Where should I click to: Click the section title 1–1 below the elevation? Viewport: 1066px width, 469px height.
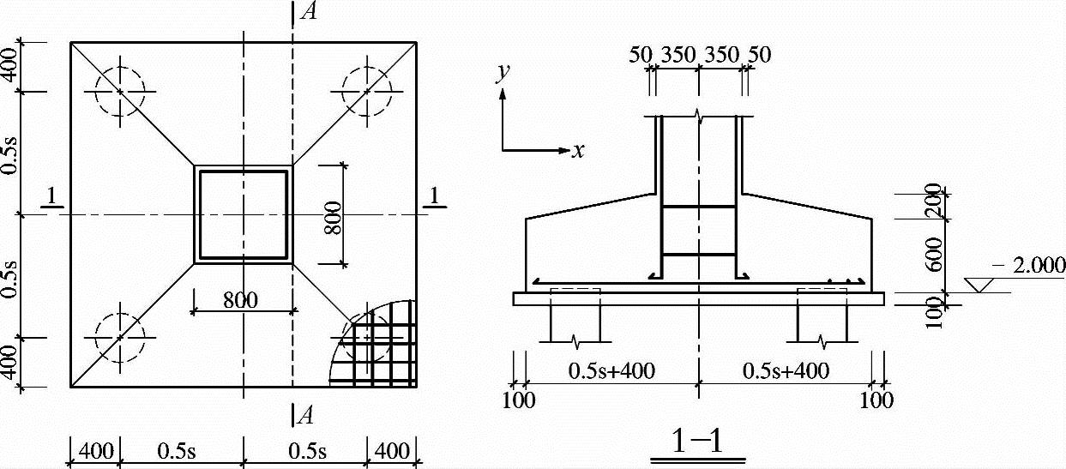coord(697,441)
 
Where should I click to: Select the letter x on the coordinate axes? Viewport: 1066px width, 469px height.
coord(578,151)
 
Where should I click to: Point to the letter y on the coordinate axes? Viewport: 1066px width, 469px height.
coord(503,72)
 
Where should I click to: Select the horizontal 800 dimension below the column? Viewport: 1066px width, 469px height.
coord(240,300)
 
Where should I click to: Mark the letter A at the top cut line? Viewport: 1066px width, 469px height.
coord(309,11)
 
